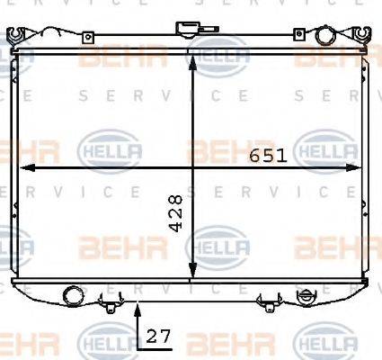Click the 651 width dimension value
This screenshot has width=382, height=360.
267,156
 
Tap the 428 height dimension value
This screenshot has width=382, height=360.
177,212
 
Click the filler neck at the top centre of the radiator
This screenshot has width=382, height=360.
190,30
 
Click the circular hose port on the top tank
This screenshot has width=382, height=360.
323,36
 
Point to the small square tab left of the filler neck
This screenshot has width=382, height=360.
87,37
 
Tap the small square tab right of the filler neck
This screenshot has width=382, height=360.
297,35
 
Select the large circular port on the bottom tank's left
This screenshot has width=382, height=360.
71,293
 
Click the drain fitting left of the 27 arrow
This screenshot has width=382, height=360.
110,303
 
